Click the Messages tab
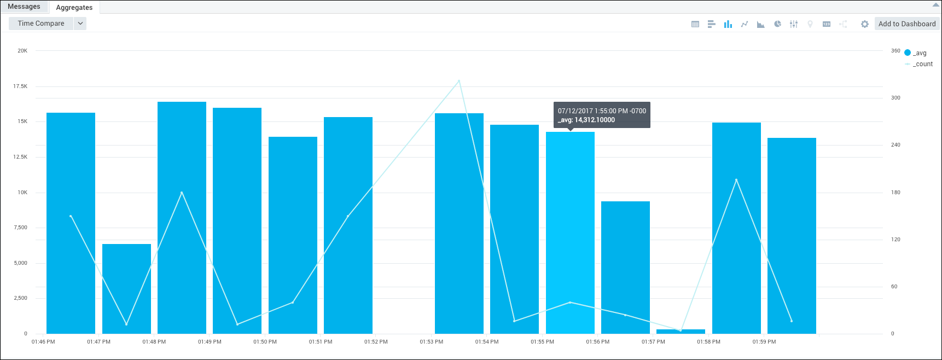click(x=24, y=7)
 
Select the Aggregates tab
click(x=74, y=8)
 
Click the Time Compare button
click(x=41, y=24)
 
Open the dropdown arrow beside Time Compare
click(x=80, y=24)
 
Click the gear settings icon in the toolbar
click(x=865, y=24)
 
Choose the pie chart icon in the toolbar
click(x=777, y=24)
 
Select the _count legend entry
click(x=922, y=64)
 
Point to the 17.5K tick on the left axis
click(x=20, y=86)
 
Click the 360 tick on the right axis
click(x=896, y=51)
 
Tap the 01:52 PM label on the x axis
click(x=376, y=342)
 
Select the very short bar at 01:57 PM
click(x=681, y=332)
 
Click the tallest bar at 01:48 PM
click(x=182, y=219)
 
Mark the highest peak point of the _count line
click(x=459, y=81)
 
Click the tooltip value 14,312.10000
click(x=595, y=120)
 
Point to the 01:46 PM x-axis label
click(x=43, y=342)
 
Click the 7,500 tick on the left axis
click(x=20, y=228)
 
